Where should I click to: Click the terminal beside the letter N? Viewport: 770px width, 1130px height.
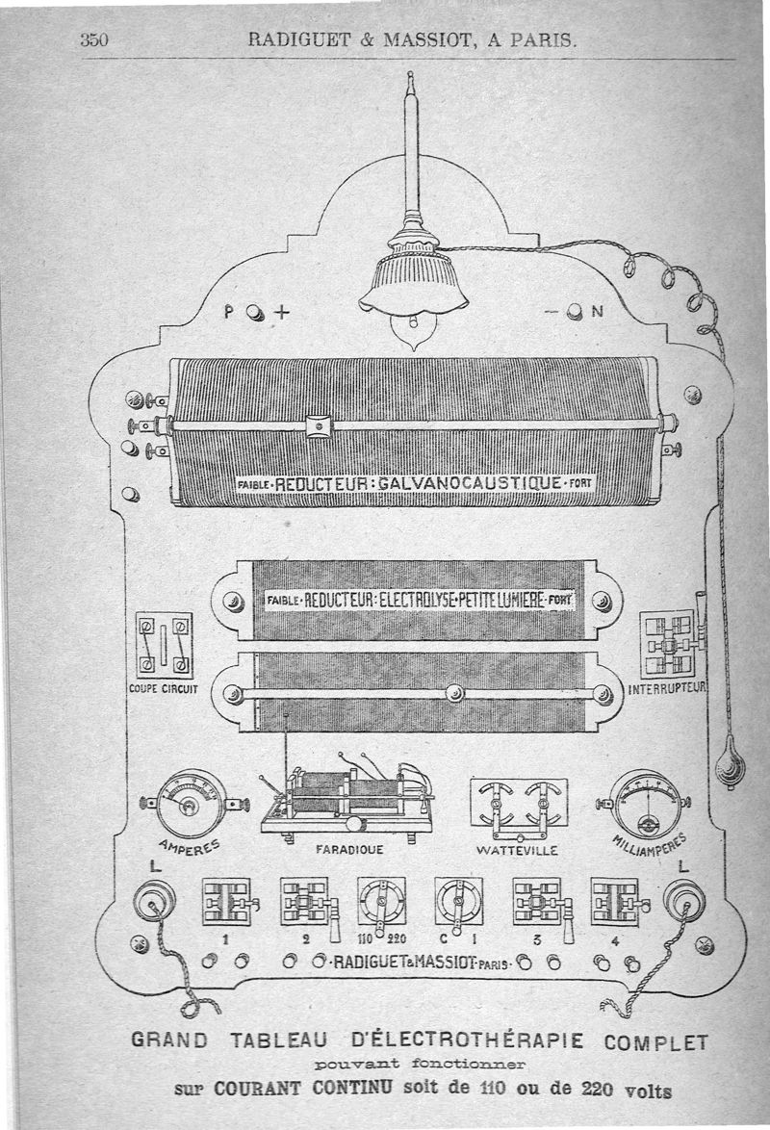575,312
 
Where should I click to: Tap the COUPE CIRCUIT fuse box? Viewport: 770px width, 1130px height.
164,645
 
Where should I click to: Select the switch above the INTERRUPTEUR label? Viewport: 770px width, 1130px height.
669,642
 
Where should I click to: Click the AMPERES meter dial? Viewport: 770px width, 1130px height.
192,803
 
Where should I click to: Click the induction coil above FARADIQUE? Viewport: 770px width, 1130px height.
346,794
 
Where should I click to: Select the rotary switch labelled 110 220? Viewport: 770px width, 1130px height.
381,902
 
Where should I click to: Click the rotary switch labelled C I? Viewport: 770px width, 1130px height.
458,902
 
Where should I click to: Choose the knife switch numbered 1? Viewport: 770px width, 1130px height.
227,902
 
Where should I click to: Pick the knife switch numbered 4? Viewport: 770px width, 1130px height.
616,902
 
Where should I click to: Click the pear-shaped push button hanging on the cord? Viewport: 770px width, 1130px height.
730,765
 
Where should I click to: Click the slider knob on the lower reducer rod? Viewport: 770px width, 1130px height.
455,692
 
